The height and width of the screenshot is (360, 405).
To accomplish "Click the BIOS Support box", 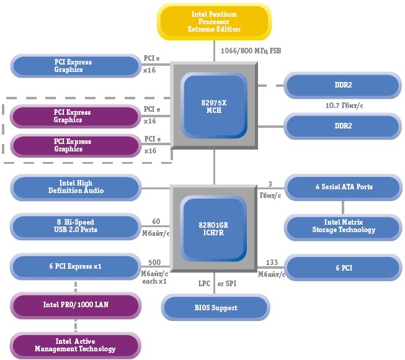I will (x=216, y=308).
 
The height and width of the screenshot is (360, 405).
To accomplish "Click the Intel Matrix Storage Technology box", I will (x=342, y=226).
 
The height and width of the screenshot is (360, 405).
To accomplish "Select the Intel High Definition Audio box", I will (x=76, y=187).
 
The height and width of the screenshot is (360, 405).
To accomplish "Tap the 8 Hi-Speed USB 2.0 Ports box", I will (x=76, y=226).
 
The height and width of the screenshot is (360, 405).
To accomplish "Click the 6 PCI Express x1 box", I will (x=76, y=267).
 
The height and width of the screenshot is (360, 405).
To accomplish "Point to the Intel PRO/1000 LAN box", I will (x=76, y=305).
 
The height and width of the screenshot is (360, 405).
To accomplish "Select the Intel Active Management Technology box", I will (x=76, y=345).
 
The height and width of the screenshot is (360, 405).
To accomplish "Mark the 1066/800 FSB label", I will (x=251, y=50).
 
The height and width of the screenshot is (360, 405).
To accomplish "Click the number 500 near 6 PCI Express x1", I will (x=155, y=262).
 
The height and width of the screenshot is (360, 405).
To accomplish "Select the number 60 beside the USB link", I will (x=156, y=222).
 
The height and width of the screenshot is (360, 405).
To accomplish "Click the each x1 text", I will (x=155, y=281).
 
